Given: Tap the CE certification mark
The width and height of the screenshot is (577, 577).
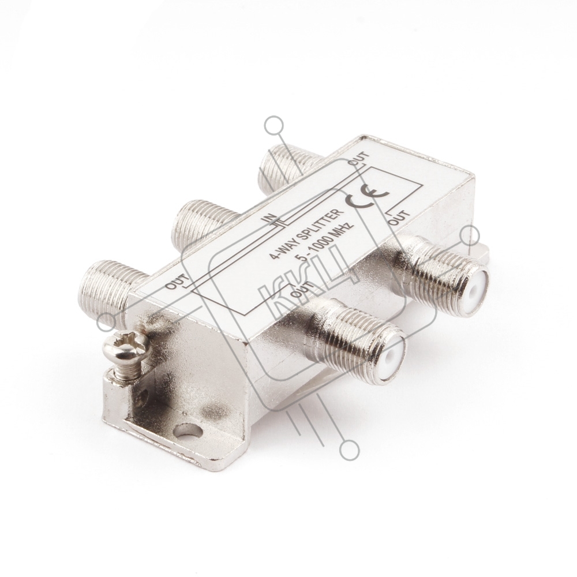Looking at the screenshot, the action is tap(366, 196).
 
